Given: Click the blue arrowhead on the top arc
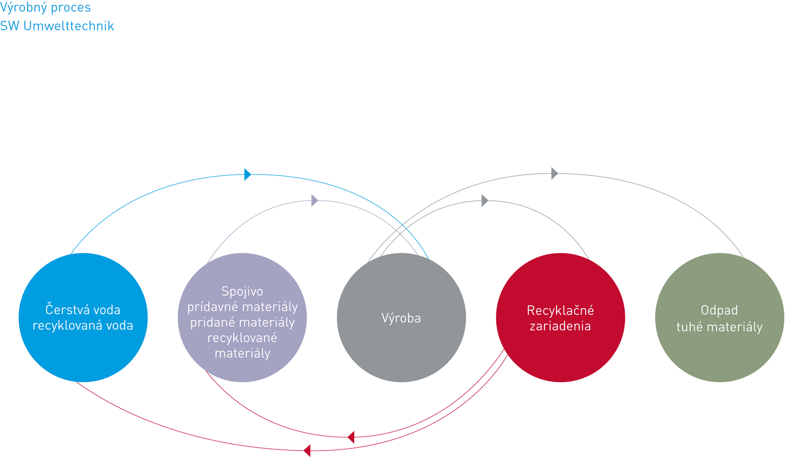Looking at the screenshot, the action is point(247,175).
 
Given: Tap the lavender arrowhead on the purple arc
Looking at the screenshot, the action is point(315,201).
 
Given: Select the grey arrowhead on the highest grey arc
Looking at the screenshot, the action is point(555,174).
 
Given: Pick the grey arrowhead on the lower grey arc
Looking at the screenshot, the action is point(485,201).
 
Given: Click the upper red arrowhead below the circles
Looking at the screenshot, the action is point(351,437).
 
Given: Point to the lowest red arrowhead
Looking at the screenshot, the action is point(307,450).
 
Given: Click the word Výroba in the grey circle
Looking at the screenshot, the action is point(401,318).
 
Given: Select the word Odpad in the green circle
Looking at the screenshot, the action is point(719,311).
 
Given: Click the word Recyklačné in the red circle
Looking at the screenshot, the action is point(560,311).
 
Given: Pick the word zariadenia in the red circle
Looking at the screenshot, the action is point(560,326).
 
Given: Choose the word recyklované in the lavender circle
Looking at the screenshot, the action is point(242,338).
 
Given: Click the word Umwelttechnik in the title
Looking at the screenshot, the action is point(69,26).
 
